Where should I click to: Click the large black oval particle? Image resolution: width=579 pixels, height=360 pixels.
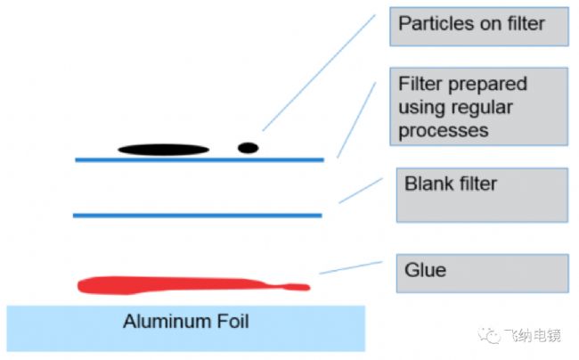[163, 149]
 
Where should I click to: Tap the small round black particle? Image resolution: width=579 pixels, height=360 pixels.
[248, 147]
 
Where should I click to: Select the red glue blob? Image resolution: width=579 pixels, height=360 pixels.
[178, 285]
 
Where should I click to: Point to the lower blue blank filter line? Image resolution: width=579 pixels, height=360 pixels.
[197, 215]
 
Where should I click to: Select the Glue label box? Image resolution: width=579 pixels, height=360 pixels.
[482, 273]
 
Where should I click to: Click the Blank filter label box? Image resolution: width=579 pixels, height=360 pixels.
[482, 195]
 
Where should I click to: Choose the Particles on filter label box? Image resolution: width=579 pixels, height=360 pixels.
[478, 26]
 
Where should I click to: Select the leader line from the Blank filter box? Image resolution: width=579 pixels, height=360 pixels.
[361, 190]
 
